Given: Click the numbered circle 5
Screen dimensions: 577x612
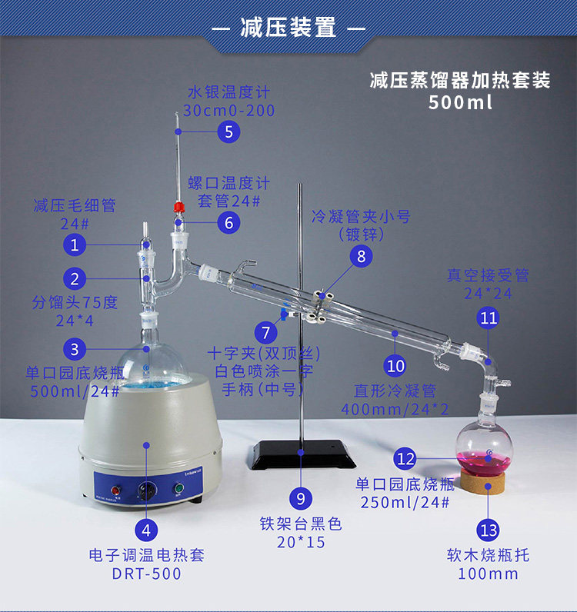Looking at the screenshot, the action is click(x=228, y=131).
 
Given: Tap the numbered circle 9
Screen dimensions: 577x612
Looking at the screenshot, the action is click(x=300, y=498).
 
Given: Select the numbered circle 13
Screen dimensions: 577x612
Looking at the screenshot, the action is click(x=489, y=531).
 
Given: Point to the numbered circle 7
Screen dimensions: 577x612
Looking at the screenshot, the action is click(x=266, y=333).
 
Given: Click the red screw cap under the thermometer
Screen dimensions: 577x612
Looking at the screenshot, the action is click(x=179, y=207).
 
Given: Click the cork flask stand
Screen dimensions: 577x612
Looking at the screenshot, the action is click(x=482, y=481).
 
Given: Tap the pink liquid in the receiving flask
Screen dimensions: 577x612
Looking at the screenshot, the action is click(x=484, y=464).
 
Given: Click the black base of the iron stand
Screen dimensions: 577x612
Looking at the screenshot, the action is click(x=304, y=454).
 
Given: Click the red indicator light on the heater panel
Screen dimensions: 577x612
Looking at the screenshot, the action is click(x=116, y=491).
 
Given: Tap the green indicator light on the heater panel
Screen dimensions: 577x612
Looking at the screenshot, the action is click(x=179, y=488).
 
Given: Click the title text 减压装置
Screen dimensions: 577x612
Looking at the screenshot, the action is click(x=288, y=28).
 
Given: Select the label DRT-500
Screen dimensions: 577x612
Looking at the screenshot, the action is click(x=146, y=574).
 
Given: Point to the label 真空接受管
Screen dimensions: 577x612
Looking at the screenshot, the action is click(x=488, y=275).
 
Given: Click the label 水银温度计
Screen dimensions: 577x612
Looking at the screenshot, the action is click(x=228, y=92).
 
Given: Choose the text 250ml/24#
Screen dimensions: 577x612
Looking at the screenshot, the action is click(x=405, y=502).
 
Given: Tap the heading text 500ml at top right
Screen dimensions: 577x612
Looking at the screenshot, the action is click(x=460, y=102).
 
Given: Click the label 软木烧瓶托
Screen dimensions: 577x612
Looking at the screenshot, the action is click(x=488, y=555).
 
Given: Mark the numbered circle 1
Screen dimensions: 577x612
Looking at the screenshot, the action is click(x=75, y=245).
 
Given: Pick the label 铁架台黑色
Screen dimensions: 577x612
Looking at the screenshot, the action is click(x=301, y=524).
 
